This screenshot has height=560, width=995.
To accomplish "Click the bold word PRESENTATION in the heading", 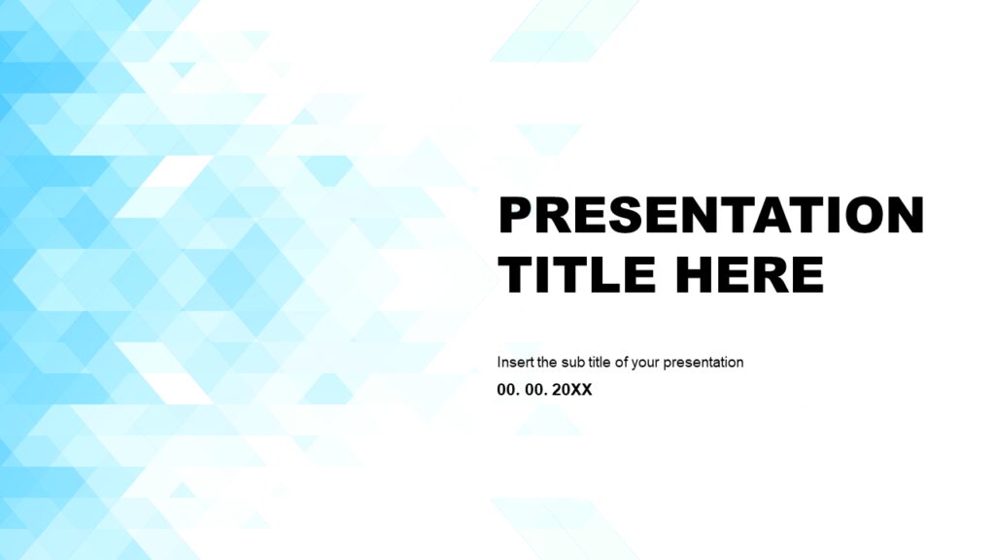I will point(710,215).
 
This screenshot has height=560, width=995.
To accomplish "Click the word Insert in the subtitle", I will point(514,362).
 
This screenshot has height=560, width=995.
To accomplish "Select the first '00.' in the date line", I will point(508,390).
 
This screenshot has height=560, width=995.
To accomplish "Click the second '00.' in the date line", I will point(535,390).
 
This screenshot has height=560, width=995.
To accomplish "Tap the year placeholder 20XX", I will point(572,390).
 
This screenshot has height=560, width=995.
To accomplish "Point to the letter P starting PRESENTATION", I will point(515,215).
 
